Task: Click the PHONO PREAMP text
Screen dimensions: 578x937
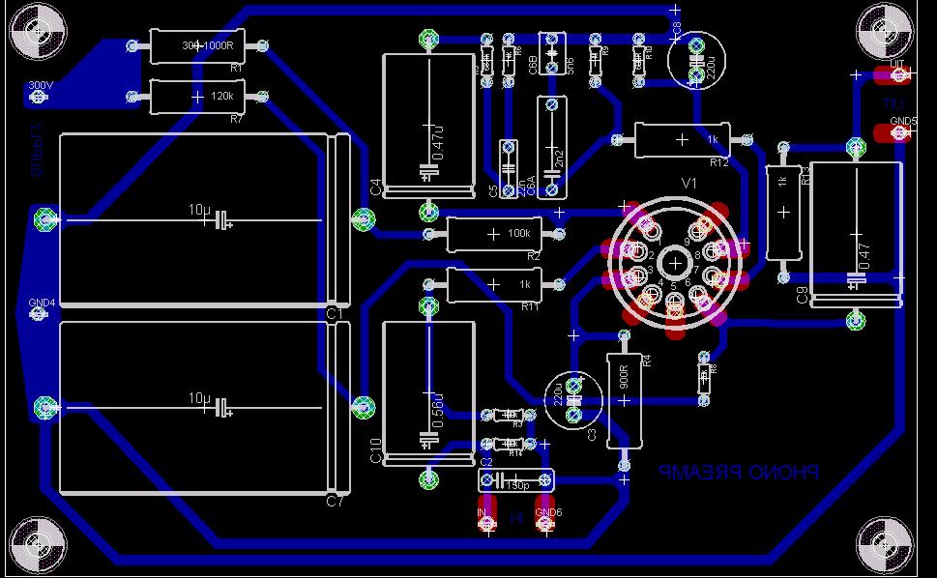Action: [739, 473]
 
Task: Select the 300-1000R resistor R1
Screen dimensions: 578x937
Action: [198, 44]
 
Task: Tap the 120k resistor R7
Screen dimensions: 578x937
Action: [197, 97]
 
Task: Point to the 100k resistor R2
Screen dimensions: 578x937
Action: [494, 234]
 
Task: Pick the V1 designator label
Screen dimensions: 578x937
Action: [688, 184]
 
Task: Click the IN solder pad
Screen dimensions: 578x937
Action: [485, 522]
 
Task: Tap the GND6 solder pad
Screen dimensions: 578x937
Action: [547, 522]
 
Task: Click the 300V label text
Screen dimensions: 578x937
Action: [41, 86]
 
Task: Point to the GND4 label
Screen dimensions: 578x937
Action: [42, 303]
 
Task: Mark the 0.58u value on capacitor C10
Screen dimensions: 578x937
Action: [438, 410]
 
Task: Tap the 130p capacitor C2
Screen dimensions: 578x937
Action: [517, 479]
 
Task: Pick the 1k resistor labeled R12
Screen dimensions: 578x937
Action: [682, 140]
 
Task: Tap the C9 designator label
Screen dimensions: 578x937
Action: [802, 296]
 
